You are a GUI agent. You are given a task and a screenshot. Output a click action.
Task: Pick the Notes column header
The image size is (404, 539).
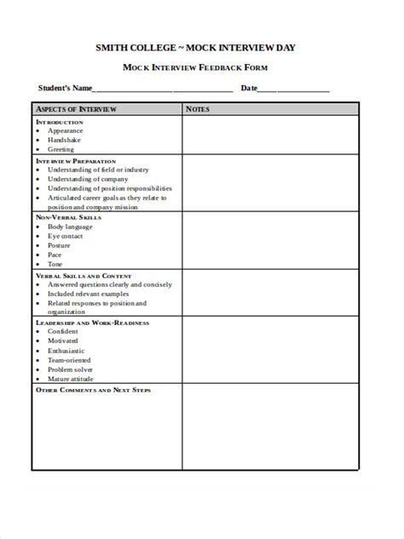click(198, 109)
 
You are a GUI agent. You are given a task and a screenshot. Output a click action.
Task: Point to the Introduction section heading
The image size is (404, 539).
click(60, 121)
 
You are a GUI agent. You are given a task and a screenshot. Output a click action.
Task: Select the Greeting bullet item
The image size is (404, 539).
click(61, 149)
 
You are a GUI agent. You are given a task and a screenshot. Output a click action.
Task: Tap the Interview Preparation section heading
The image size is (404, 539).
click(76, 160)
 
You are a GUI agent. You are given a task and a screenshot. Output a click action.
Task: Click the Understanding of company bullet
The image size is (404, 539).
click(88, 179)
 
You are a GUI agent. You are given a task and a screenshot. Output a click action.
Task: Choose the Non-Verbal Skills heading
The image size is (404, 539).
click(68, 217)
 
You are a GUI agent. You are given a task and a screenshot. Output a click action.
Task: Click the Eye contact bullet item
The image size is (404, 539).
click(65, 236)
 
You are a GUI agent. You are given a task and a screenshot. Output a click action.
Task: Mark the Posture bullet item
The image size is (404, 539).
click(59, 246)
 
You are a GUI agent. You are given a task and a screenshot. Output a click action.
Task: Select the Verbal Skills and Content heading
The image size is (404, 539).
click(84, 276)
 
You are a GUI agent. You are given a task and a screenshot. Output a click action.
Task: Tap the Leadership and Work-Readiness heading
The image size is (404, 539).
click(92, 323)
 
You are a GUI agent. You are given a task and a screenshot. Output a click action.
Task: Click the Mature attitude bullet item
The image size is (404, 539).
click(71, 379)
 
